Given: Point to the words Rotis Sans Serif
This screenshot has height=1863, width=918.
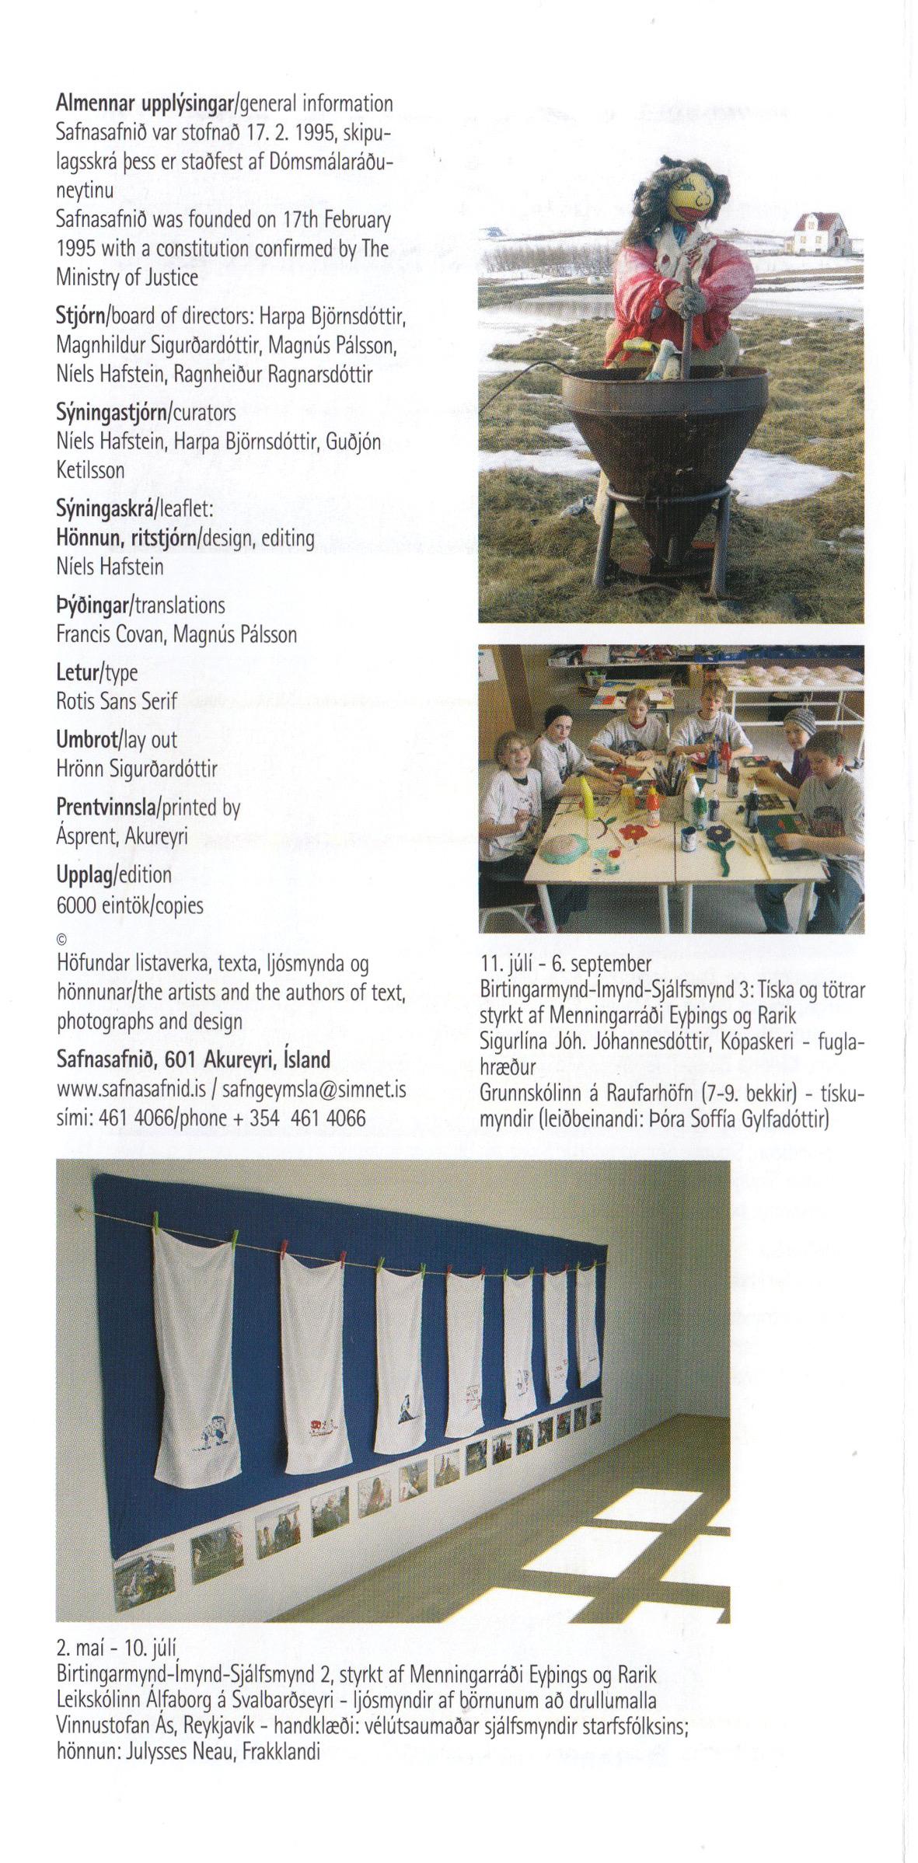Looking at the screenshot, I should point(117,701).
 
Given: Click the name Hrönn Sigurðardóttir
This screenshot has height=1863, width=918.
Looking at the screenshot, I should point(137,769).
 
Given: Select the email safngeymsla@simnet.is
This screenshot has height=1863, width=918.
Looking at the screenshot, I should point(314,1090).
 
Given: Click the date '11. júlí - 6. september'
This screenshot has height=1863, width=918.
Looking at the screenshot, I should point(566,965).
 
